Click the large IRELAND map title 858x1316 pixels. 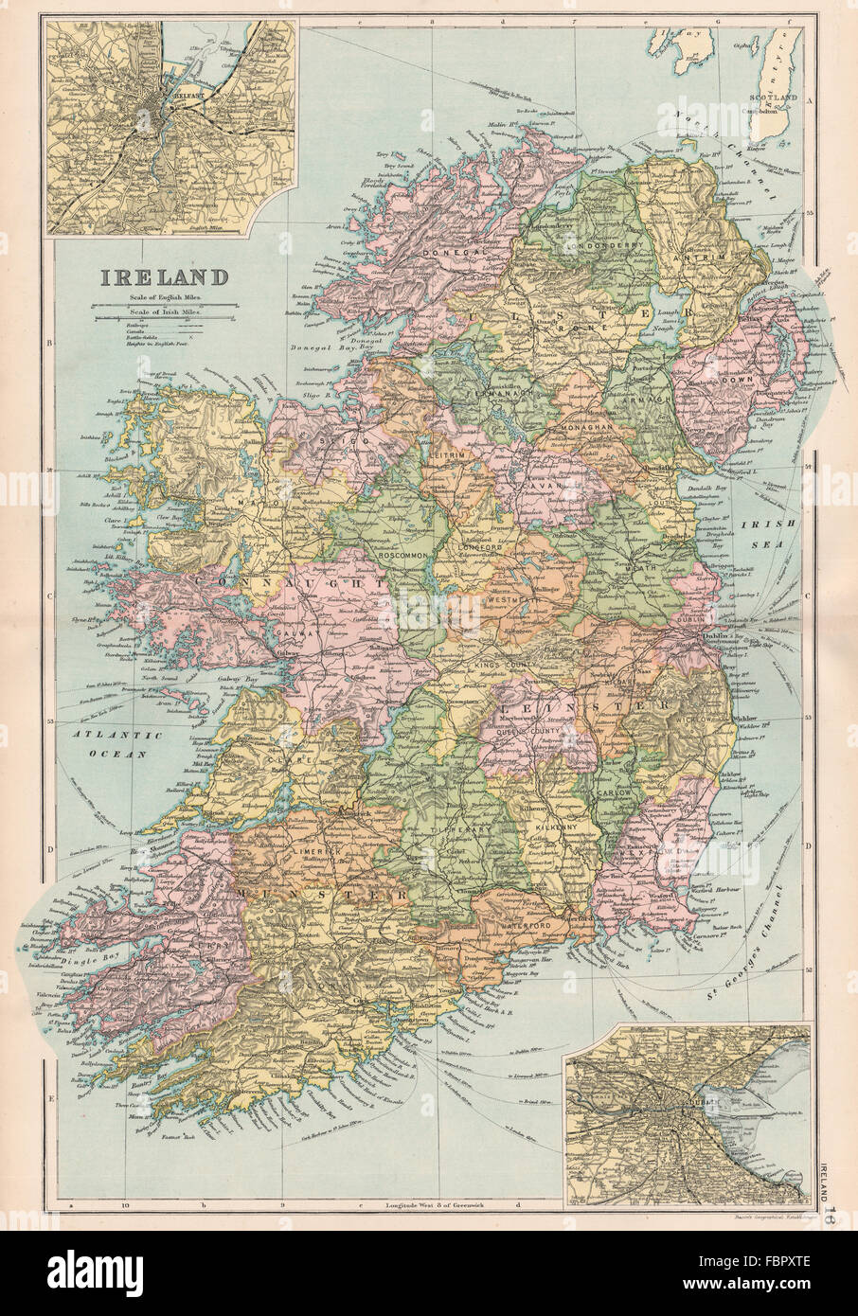[158, 278]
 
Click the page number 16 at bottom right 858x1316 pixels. [831, 1195]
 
